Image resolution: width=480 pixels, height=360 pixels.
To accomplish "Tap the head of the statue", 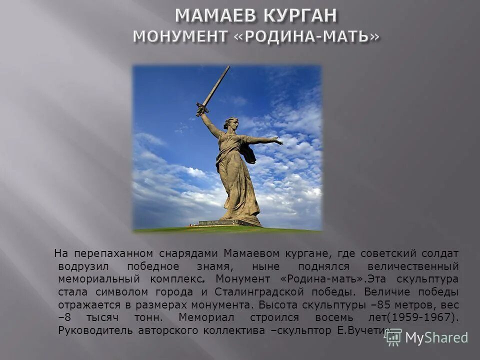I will pos(230,123).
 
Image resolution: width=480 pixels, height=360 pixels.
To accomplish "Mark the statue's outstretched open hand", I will pos(277,141).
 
